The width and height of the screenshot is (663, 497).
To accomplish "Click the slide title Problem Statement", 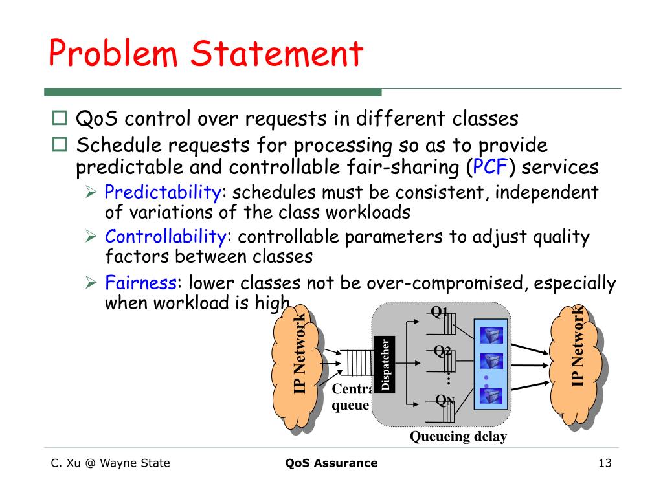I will [x=205, y=54].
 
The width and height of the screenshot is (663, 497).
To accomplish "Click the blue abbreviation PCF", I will [x=490, y=168].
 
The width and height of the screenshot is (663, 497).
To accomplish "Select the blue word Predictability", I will [x=163, y=192].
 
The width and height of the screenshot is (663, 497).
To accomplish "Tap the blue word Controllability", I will [x=166, y=237].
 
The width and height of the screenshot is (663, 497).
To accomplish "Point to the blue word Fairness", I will [x=141, y=283].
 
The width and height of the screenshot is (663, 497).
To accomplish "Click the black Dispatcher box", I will [x=385, y=365].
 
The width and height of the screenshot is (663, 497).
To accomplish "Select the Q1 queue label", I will [x=440, y=312].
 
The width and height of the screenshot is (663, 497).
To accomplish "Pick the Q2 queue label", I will [x=442, y=351].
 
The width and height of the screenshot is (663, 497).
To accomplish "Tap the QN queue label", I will [x=445, y=401].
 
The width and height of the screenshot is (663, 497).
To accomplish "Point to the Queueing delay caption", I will [x=458, y=437].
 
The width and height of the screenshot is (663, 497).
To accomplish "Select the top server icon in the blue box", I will [x=491, y=335].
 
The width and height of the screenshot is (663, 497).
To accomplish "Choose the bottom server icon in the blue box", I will [x=491, y=395].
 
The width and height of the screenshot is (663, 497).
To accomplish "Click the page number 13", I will [x=605, y=463].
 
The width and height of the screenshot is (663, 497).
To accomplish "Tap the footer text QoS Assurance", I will [x=331, y=463].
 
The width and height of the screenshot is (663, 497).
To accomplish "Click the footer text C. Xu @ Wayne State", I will [x=111, y=463].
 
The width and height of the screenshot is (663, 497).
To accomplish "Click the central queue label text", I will [x=351, y=397].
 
